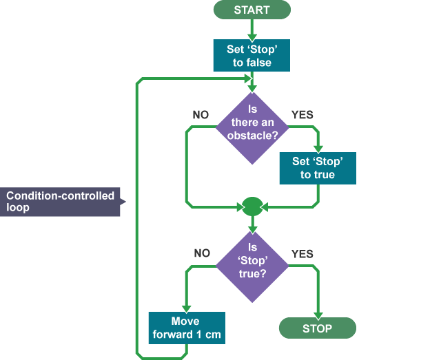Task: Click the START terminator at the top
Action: click(252, 10)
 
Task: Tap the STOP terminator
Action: click(318, 328)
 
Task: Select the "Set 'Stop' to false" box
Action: click(252, 55)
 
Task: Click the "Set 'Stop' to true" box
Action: click(318, 168)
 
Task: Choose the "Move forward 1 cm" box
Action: click(187, 328)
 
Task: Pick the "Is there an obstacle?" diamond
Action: click(252, 128)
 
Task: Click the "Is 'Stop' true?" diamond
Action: click(252, 266)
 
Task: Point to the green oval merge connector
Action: click(253, 207)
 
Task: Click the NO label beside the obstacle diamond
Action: click(201, 115)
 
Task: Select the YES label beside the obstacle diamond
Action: click(303, 115)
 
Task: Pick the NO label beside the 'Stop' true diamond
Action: click(202, 253)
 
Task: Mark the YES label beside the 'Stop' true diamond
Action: click(303, 254)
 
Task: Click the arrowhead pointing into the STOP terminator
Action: click(318, 316)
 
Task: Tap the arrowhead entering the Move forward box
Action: click(187, 309)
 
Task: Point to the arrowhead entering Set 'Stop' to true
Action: click(318, 149)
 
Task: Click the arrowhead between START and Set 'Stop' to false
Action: click(252, 38)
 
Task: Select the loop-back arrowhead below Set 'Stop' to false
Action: click(248, 79)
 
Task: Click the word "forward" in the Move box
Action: click(173, 335)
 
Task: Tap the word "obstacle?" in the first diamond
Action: click(253, 136)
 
